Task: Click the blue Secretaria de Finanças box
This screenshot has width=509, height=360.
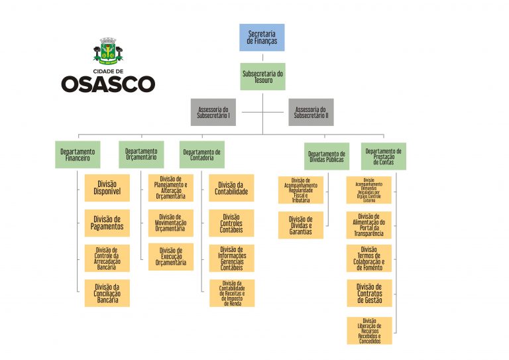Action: [x=262, y=37]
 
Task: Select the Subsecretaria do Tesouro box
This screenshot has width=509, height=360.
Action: [x=262, y=76]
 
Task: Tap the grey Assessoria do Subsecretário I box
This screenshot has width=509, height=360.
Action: [x=213, y=112]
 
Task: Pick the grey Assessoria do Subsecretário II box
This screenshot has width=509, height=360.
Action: [x=311, y=112]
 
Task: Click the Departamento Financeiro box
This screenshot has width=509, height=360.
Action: [x=78, y=154]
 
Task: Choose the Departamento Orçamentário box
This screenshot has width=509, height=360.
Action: [x=141, y=154]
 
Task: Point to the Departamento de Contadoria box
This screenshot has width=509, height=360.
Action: [x=201, y=154]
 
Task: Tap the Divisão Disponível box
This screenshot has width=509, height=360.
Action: [x=107, y=188]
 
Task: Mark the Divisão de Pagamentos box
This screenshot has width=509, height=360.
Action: [x=107, y=223]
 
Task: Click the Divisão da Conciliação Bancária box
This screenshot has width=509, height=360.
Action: [x=107, y=293]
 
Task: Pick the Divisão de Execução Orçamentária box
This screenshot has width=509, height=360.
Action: [x=170, y=257]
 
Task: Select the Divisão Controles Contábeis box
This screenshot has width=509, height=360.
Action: [x=231, y=223]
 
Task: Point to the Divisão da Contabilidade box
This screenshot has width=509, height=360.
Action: [x=231, y=188]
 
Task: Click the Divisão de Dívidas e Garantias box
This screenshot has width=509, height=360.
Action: [x=300, y=225]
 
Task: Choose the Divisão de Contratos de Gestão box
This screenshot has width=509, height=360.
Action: [x=369, y=293]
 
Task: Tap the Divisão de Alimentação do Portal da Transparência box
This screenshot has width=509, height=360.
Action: [x=369, y=225]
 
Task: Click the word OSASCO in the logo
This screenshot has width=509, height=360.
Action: [x=108, y=84]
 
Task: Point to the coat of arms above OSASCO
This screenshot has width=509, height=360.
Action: [x=108, y=50]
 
